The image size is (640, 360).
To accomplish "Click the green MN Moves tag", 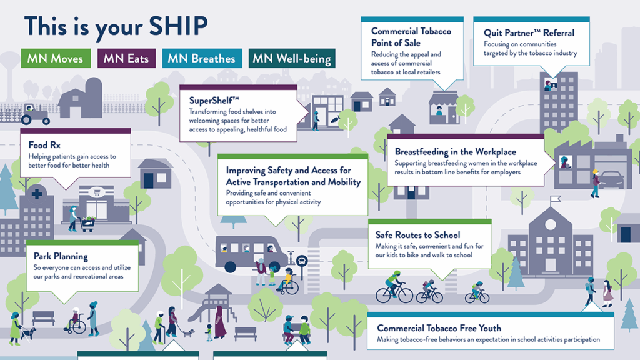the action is click(56, 58).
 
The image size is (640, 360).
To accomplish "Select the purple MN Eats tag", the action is click(126, 58).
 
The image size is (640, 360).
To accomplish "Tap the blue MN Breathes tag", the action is click(202, 58).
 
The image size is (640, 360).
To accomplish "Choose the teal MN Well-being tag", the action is click(292, 58).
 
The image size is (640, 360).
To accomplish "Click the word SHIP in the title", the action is click(178, 26).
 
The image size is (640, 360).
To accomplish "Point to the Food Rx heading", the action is click(44, 145).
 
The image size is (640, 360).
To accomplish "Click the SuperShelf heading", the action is click(214, 101).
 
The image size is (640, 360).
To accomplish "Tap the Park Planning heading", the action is click(61, 256).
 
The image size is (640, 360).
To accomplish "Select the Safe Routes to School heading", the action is click(417, 235).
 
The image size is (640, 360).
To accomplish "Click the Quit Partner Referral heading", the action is click(529, 33).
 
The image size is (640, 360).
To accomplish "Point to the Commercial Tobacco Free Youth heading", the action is click(439, 328).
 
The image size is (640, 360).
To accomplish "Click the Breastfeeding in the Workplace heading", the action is click(456, 152).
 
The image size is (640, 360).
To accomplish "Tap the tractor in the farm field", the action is click(35, 115).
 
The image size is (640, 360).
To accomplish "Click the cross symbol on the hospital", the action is click(37, 194).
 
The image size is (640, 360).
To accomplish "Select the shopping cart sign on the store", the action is click(97, 191).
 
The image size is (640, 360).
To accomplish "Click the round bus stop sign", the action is click(302, 261).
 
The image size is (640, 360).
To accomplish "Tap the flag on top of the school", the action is click(556, 199).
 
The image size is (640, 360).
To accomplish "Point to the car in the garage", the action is click(611, 179).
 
